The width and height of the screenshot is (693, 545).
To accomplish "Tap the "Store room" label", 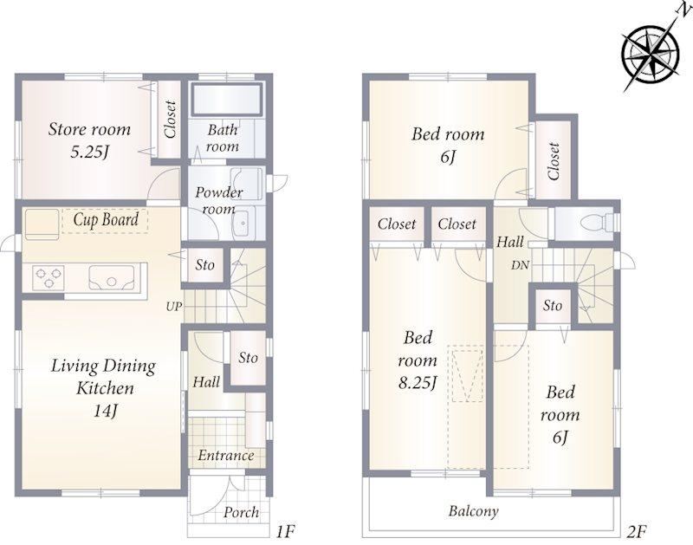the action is pyautogui.click(x=90, y=129).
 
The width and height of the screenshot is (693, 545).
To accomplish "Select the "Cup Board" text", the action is pyautogui.click(x=106, y=219).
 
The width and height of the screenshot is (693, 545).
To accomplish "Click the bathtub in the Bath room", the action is pyautogui.click(x=227, y=99).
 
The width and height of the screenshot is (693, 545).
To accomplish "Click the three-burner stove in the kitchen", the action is pyautogui.click(x=48, y=278).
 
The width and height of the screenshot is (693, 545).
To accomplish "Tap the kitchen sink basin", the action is pyautogui.click(x=111, y=277).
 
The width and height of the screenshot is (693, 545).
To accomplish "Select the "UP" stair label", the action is pyautogui.click(x=174, y=306).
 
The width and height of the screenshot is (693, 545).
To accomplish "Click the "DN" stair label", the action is pyautogui.click(x=521, y=265).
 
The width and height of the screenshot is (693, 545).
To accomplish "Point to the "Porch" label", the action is pyautogui.click(x=242, y=512).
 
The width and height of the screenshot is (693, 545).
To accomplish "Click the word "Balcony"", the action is pyautogui.click(x=473, y=511).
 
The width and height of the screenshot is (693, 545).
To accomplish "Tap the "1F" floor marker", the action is pyautogui.click(x=285, y=532).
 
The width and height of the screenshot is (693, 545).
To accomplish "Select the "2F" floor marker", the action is pyautogui.click(x=636, y=532).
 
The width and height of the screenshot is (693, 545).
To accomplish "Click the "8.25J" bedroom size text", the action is pyautogui.click(x=418, y=383).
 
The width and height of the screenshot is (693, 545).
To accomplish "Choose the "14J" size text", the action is pyautogui.click(x=105, y=411).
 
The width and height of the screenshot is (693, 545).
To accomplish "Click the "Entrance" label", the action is pyautogui.click(x=226, y=455).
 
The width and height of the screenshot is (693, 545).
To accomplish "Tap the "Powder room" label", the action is pyautogui.click(x=219, y=200).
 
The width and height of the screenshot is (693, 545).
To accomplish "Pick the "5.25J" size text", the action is pyautogui.click(x=90, y=152).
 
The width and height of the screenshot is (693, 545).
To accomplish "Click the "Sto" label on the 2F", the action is pyautogui.click(x=553, y=306).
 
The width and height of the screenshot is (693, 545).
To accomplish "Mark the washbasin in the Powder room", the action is pyautogui.click(x=243, y=223).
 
